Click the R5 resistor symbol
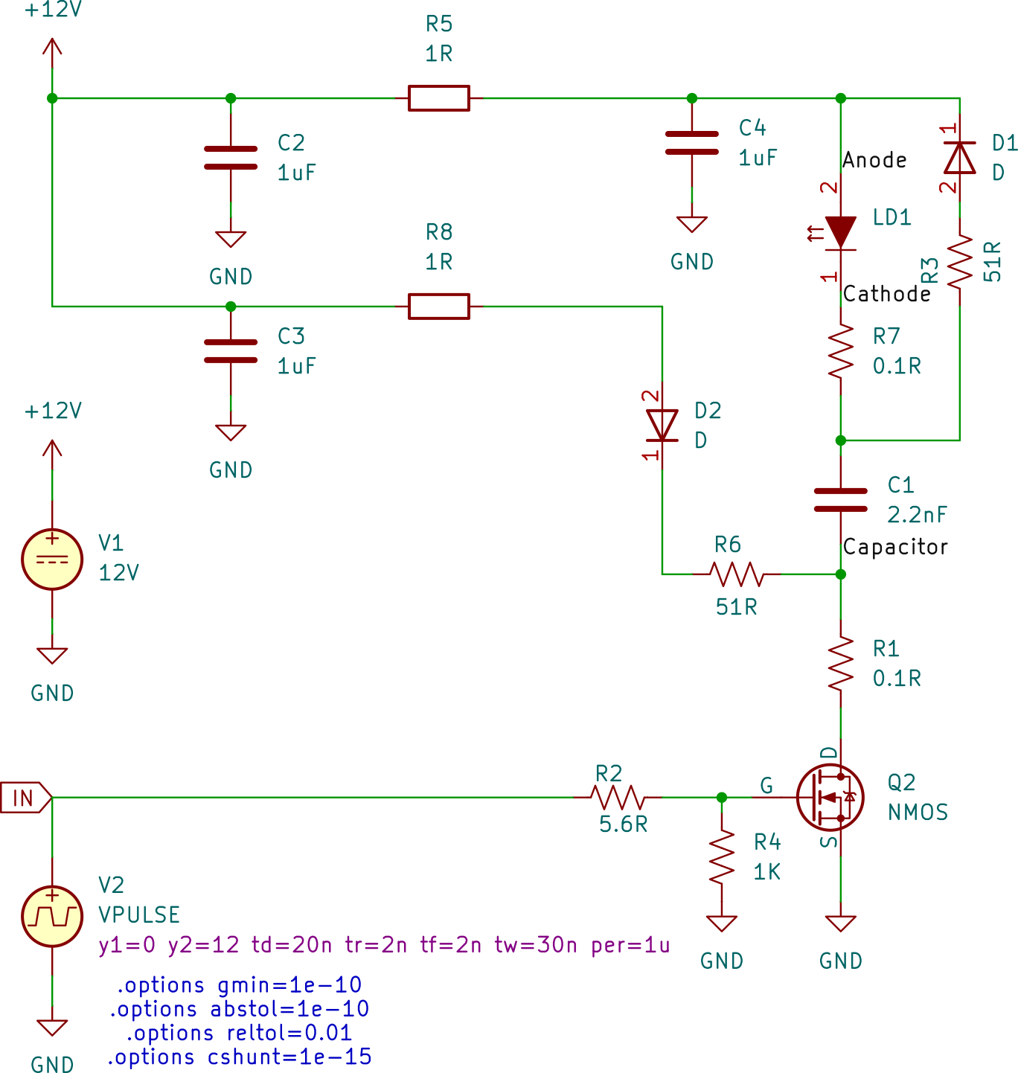[439, 98]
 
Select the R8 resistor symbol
[439, 306]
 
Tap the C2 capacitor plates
[231, 158]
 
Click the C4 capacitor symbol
[692, 143]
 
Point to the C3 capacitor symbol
[231, 351]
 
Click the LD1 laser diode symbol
[841, 232]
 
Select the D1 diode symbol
[959, 158]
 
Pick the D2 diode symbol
[662, 426]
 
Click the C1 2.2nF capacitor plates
[841, 500]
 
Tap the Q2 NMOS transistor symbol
[830, 798]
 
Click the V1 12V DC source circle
[52, 560]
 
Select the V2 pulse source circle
[52, 916]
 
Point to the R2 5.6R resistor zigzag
[618, 798]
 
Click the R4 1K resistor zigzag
[722, 857]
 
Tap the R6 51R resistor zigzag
[737, 574]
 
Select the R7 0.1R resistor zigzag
[841, 351]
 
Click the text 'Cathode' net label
[886, 294]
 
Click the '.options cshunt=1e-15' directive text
[240, 1057]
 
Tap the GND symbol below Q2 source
[841, 924]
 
